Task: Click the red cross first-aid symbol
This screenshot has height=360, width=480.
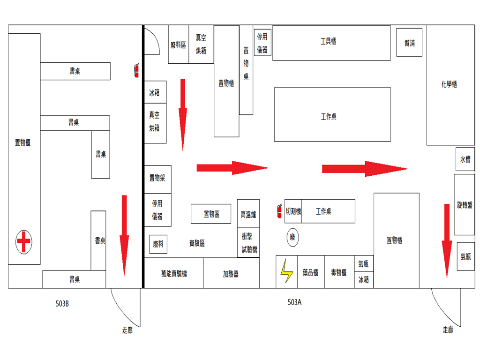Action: click(x=23, y=242)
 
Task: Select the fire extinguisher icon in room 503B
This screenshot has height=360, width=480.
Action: click(x=136, y=70)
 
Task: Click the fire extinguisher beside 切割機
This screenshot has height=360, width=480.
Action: click(x=280, y=211)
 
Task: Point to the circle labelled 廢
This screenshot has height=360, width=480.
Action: click(x=292, y=238)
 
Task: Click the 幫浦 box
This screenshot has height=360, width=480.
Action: click(x=409, y=43)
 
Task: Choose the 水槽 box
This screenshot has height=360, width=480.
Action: click(x=465, y=159)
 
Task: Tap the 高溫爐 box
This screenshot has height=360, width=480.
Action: click(x=248, y=215)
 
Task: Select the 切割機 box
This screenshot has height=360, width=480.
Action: click(x=293, y=211)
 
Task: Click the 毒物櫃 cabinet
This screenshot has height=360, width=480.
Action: click(x=339, y=272)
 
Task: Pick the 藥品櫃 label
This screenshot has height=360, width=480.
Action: click(x=310, y=272)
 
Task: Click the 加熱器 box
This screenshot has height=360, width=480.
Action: click(x=231, y=274)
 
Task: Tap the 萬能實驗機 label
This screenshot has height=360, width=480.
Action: click(x=173, y=274)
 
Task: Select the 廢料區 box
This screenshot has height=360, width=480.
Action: click(x=178, y=45)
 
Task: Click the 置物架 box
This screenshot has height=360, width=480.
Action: click(x=157, y=178)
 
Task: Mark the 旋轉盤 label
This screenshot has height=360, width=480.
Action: click(x=465, y=205)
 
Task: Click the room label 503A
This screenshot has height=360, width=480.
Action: click(x=294, y=303)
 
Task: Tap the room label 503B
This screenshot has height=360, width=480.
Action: click(x=62, y=304)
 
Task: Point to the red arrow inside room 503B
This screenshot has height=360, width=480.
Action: click(x=124, y=234)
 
